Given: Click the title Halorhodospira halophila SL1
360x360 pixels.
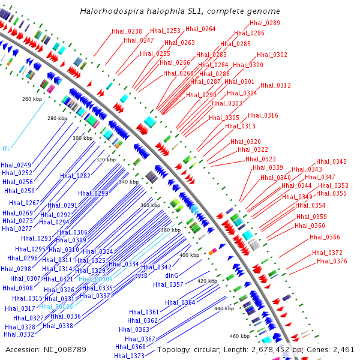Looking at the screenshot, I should pyautogui.click(x=180, y=11).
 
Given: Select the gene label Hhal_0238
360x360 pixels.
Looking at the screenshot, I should pyautogui.click(x=127, y=31).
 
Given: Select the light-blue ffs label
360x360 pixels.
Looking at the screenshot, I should pyautogui.click(x=6, y=148).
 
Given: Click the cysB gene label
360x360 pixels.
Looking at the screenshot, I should pyautogui.click(x=141, y=275).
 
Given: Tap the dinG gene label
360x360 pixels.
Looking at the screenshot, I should pyautogui.click(x=172, y=275).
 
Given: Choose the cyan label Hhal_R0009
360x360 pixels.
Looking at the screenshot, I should pyautogui.click(x=95, y=279).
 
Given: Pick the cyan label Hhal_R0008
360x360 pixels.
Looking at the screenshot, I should pyautogui.click(x=56, y=307).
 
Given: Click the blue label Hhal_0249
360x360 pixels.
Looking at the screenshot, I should pyautogui.click(x=16, y=165).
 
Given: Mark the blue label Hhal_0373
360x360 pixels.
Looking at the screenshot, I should pyautogui.click(x=129, y=356).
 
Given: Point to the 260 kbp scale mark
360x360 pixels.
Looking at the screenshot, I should pyautogui.click(x=32, y=99).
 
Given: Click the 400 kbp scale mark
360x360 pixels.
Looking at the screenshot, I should pyautogui.click(x=189, y=255).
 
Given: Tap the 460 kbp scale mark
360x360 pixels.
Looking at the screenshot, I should pyautogui.click(x=239, y=336).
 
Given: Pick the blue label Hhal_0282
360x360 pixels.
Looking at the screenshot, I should pyautogui.click(x=75, y=176).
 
